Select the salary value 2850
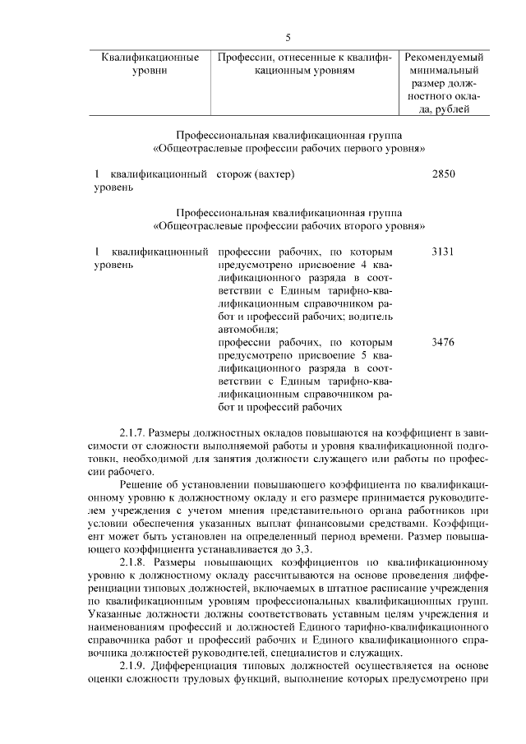tap(443, 174)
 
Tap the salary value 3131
tap(443, 251)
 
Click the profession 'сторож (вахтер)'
tap(256, 174)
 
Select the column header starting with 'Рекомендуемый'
tap(444, 58)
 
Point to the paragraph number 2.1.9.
tap(133, 665)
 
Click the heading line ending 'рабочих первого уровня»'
tap(288, 149)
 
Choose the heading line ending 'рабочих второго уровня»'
tap(288, 225)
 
